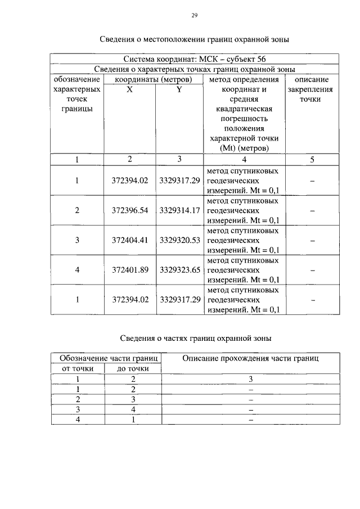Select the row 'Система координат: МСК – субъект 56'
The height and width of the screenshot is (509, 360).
(x=195, y=58)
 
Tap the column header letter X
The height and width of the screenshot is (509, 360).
(x=129, y=89)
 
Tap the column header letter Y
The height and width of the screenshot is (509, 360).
(x=179, y=89)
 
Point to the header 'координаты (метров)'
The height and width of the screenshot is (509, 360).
(x=154, y=79)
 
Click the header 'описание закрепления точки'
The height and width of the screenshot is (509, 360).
(x=311, y=89)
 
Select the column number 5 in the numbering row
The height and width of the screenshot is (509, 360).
(x=311, y=159)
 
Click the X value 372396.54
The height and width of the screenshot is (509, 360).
(x=129, y=210)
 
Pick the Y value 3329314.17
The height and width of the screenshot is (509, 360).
(x=179, y=210)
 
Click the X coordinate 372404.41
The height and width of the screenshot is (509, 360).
(x=129, y=240)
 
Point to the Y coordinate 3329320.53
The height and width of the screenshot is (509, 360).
(x=179, y=240)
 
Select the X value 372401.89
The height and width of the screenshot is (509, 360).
(x=129, y=270)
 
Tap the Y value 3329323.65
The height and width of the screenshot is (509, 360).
(x=179, y=270)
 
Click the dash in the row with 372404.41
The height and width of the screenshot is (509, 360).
(x=311, y=240)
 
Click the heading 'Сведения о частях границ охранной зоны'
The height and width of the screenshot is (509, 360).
(x=196, y=339)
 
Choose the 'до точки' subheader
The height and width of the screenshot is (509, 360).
(x=133, y=368)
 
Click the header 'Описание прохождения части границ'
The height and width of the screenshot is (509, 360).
(x=251, y=358)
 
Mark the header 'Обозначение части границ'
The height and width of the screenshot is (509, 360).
(x=106, y=358)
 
